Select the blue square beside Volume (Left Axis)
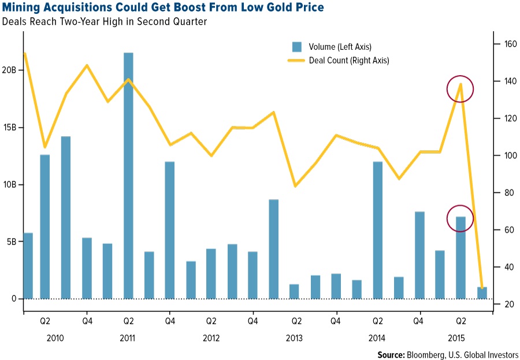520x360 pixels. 296,47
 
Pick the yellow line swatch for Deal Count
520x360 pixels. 296,60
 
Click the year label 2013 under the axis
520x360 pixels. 294,337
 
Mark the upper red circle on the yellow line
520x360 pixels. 460,89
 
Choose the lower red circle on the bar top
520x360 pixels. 460,218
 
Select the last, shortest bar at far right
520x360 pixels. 482,293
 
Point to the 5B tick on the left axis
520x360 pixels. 12,242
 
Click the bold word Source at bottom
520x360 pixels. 392,354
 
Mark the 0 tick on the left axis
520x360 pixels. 15,299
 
